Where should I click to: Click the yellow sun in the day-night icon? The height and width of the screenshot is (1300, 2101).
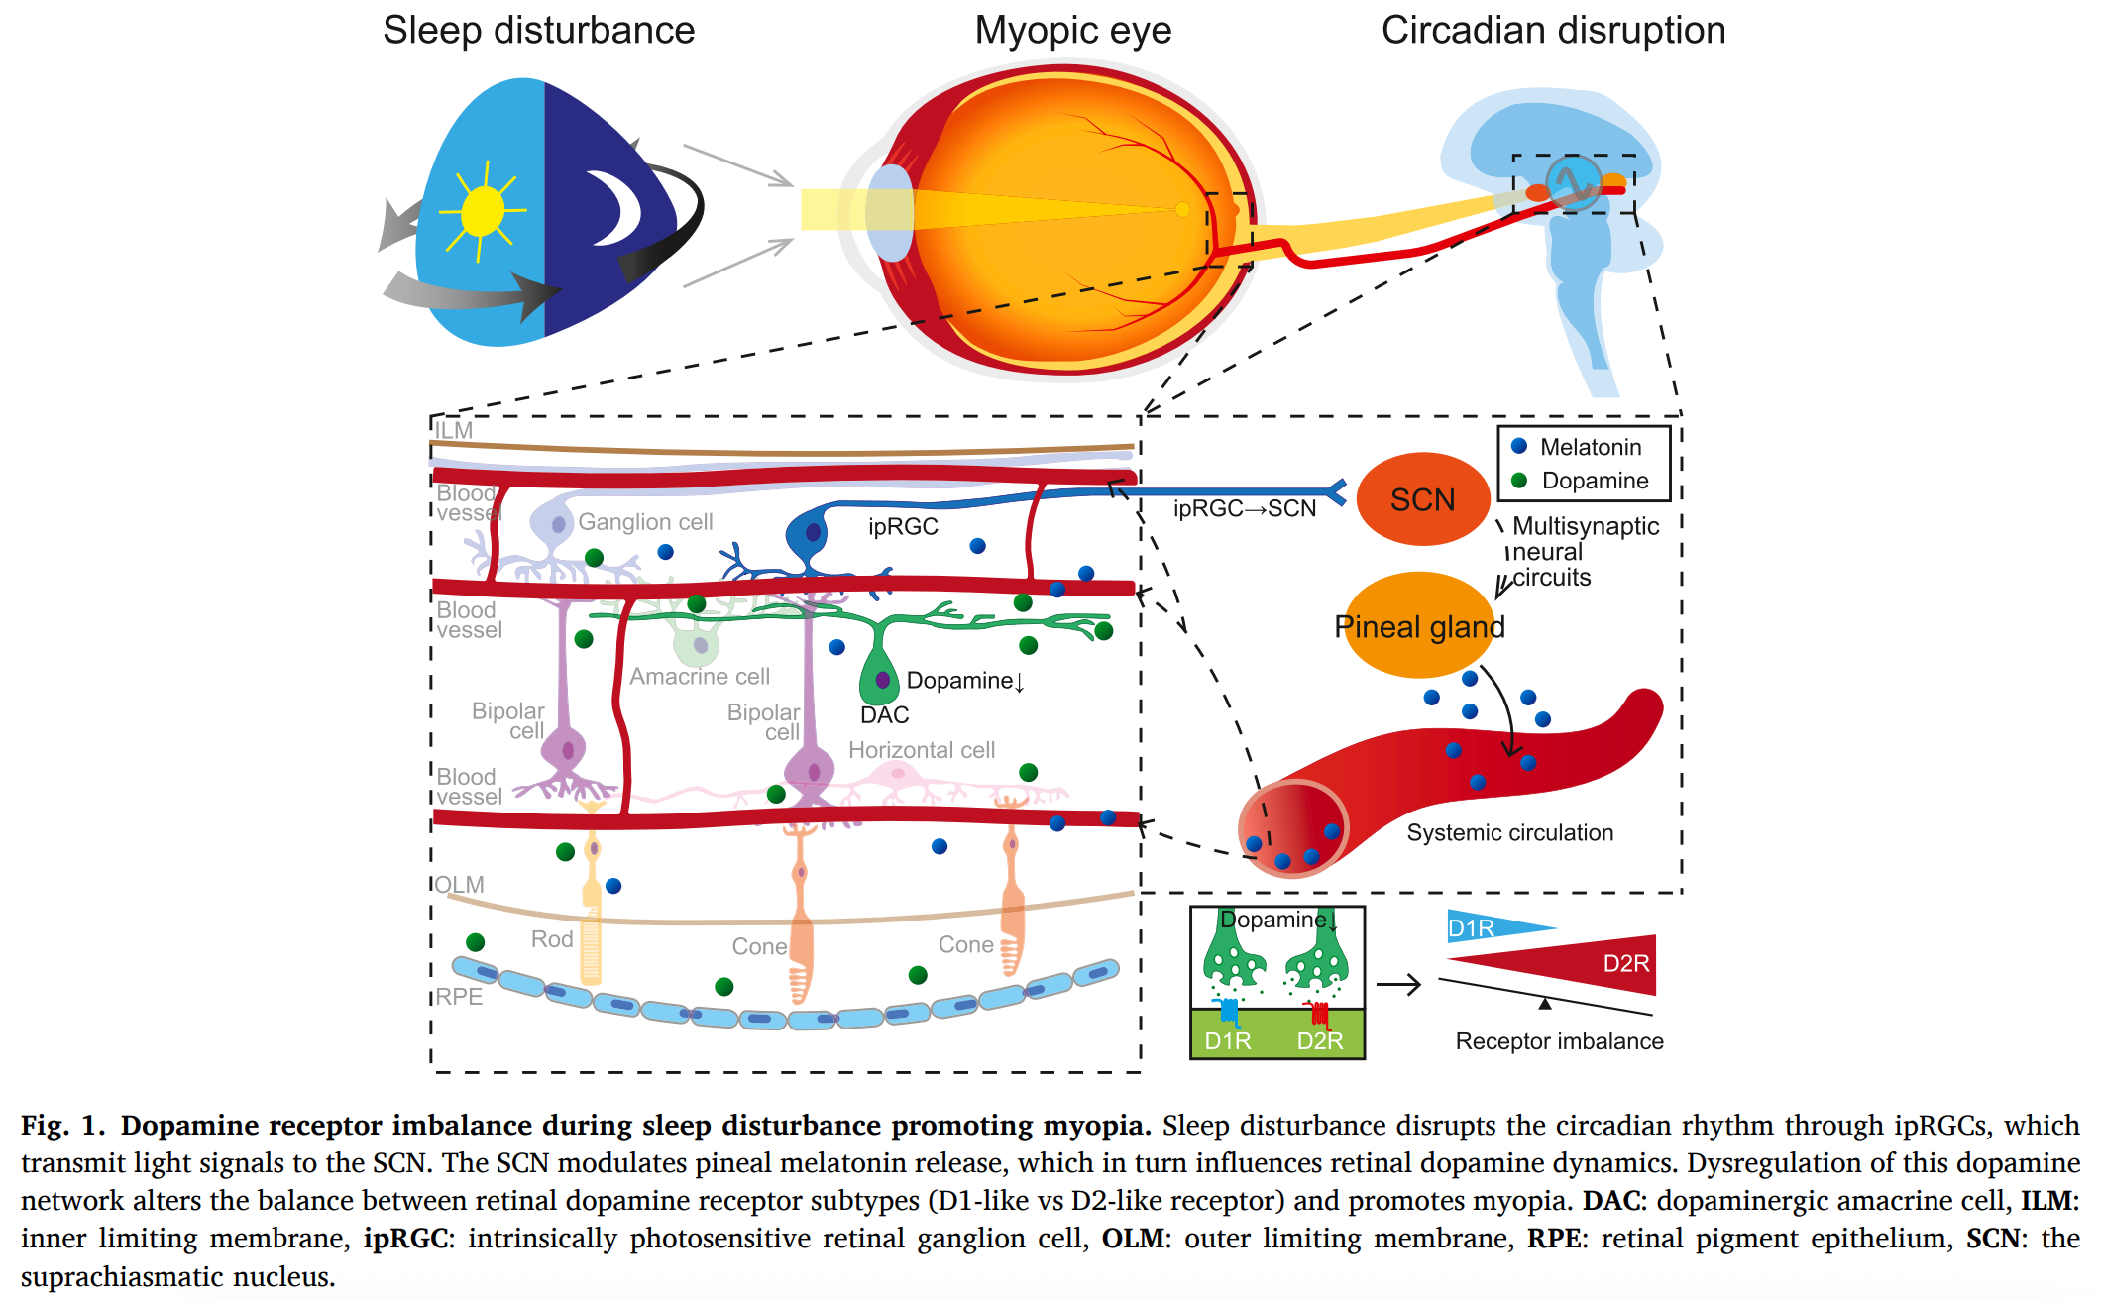pos(483,211)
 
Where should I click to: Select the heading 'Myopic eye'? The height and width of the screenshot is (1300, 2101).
pos(1073,31)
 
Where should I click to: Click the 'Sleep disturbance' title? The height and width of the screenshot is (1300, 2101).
pos(538,31)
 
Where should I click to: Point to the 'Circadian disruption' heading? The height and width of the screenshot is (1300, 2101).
pos(1553,31)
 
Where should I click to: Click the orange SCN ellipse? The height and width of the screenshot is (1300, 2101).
pos(1423,499)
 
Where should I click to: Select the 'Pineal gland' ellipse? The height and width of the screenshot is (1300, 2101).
pos(1419,626)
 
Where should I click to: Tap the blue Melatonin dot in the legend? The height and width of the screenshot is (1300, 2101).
pos(1519,446)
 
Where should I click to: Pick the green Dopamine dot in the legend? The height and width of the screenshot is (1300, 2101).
pos(1519,481)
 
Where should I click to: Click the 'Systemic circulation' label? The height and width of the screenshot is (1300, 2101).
pos(1509,833)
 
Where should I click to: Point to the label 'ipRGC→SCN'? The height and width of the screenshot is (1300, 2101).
pos(1245,509)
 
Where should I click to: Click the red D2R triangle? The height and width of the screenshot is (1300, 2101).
pos(1586,964)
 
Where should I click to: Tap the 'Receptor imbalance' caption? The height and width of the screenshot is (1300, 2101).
pos(1559,1041)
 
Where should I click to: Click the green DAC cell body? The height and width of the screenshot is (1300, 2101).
pos(879,680)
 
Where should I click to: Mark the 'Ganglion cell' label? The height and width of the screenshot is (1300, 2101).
pos(645,522)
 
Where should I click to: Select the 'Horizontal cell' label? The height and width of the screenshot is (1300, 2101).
pos(922,751)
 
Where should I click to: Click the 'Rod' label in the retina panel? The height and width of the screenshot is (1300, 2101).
pos(552,939)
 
